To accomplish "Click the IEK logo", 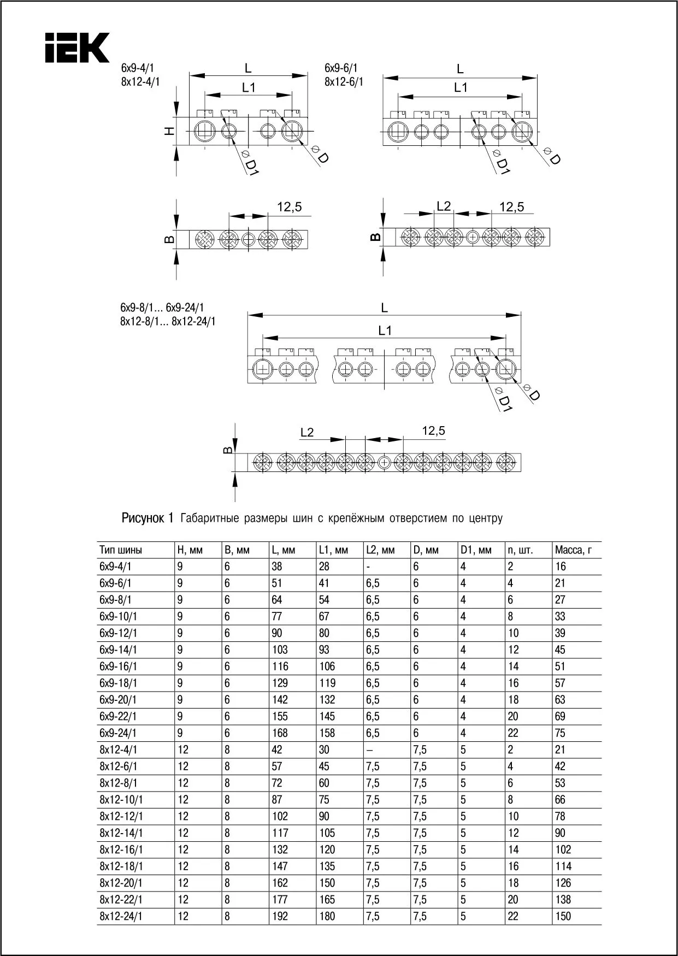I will [x=77, y=48].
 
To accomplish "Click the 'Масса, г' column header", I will [x=573, y=550].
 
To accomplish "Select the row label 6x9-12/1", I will [x=119, y=633].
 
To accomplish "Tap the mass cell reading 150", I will [x=563, y=916].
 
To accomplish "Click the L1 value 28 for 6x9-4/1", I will [x=325, y=566].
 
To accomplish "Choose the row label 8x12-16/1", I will [x=121, y=849].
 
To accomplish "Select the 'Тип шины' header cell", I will [x=121, y=550].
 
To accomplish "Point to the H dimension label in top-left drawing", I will [x=170, y=131].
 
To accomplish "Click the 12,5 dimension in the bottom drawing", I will [x=433, y=431].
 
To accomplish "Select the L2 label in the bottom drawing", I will [x=307, y=433].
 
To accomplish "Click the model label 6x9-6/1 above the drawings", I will [x=341, y=68].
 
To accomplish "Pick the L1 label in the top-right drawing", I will [x=461, y=87].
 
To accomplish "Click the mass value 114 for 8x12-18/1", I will [x=563, y=866].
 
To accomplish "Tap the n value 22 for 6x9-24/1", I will [x=513, y=733].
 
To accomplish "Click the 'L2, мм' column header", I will [x=380, y=550].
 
